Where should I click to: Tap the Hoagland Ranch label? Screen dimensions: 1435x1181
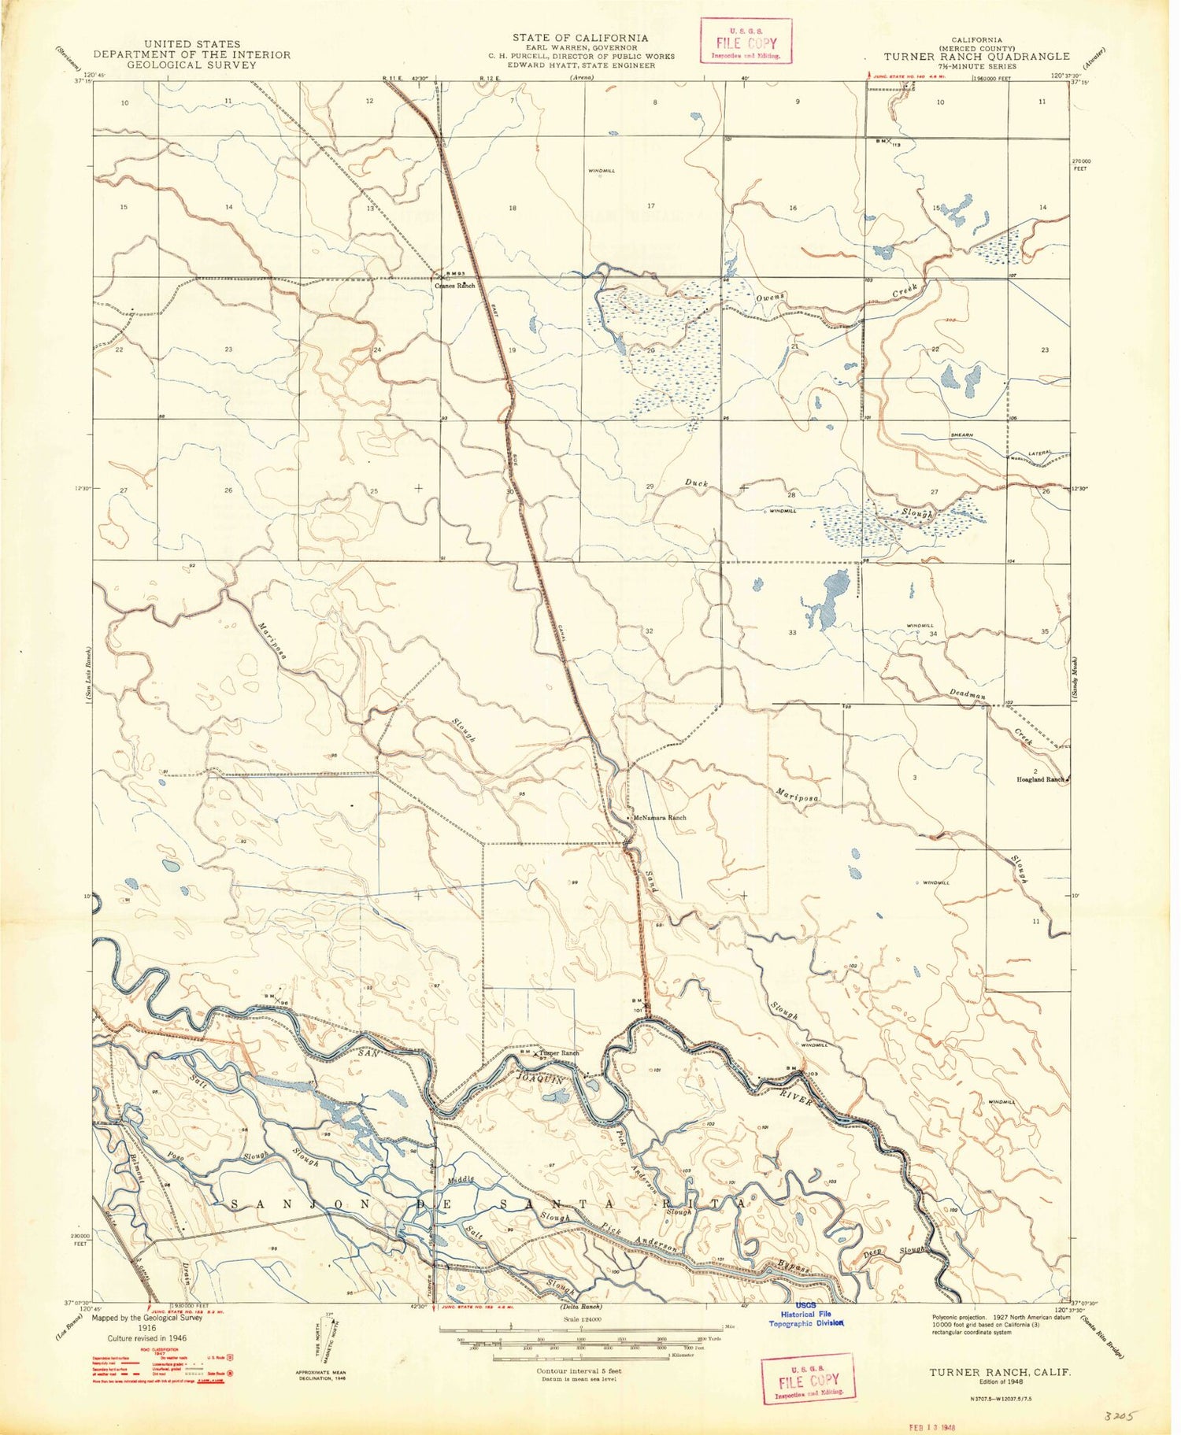[1038, 779]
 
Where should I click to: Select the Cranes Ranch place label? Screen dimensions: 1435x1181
[456, 287]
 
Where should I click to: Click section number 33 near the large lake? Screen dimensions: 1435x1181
[792, 633]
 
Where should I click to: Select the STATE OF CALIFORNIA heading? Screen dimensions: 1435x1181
[580, 37]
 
